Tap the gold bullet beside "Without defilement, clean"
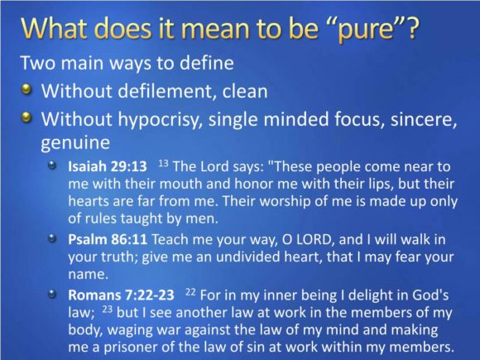click(27, 89)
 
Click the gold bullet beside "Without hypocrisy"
click(27, 118)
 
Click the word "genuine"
click(75, 143)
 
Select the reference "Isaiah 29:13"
click(108, 166)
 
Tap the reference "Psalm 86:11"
click(108, 239)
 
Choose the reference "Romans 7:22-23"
click(121, 295)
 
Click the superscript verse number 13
click(164, 163)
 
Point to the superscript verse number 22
click(190, 292)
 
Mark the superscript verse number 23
click(108, 310)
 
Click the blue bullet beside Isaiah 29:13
click(53, 166)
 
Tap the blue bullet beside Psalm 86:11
click(53, 238)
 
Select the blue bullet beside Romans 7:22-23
click(53, 294)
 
